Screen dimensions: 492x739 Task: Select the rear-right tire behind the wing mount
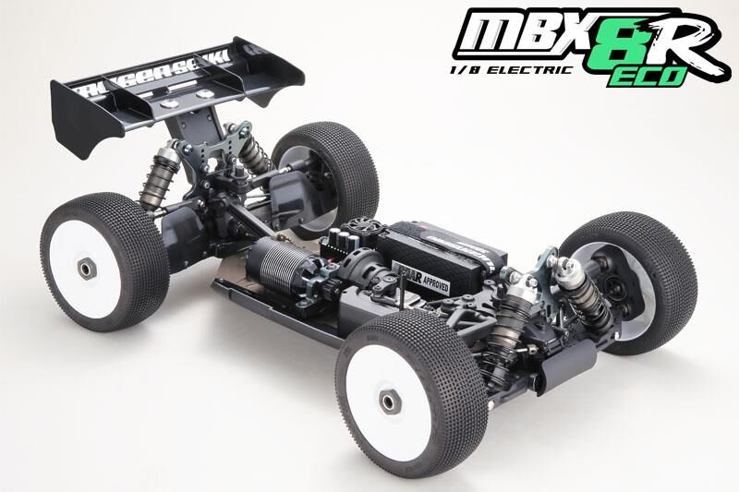(328, 171)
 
